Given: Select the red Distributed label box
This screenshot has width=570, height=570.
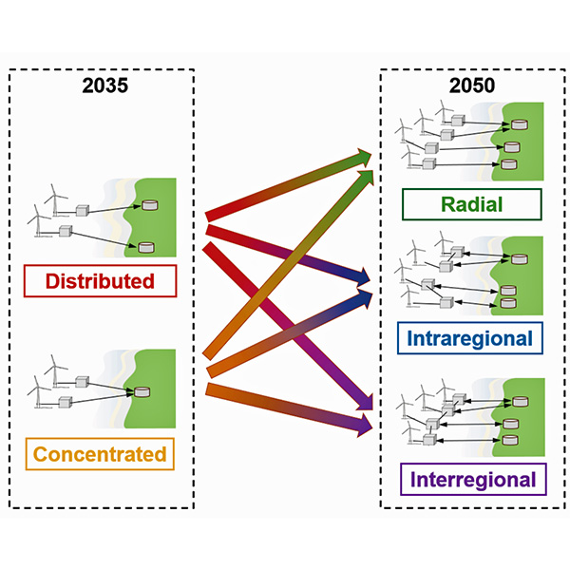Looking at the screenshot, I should [100, 281].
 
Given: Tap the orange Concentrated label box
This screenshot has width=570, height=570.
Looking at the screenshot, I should [100, 454].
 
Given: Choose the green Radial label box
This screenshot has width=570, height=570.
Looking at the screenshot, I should [471, 204].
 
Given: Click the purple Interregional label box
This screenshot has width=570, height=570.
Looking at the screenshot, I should [472, 479].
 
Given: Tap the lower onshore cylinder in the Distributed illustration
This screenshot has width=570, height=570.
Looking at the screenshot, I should [145, 248].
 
